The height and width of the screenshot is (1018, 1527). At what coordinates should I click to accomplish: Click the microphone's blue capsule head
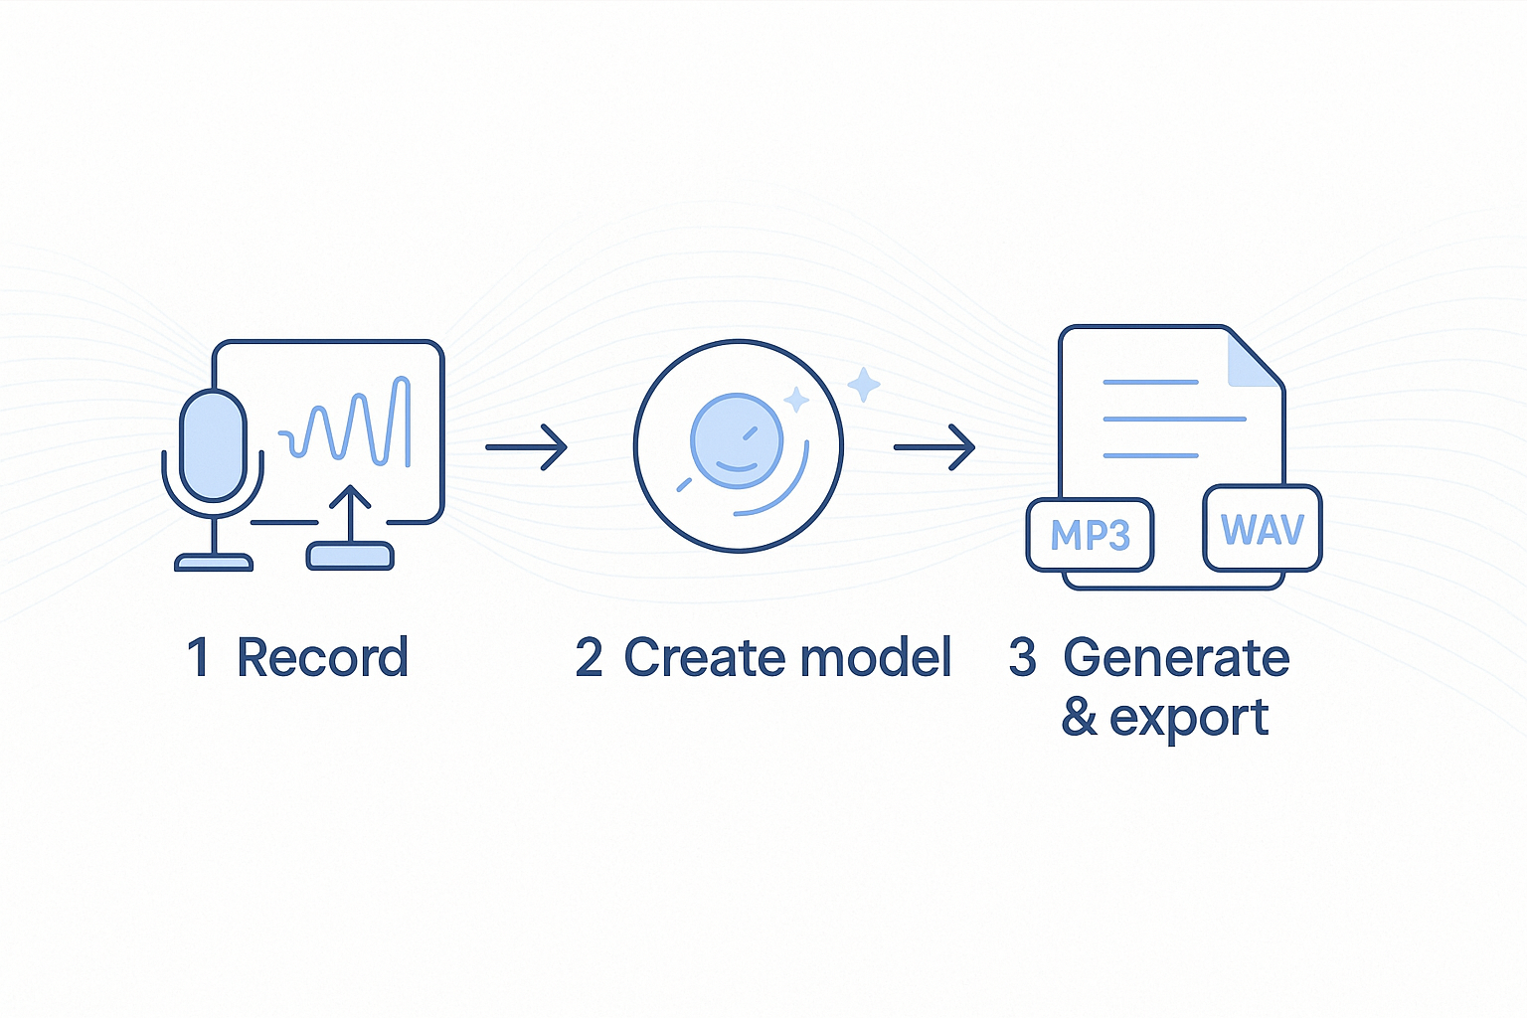[213, 444]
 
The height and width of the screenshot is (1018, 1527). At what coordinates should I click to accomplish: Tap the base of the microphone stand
[214, 563]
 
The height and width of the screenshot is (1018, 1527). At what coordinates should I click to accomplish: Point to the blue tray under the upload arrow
[350, 556]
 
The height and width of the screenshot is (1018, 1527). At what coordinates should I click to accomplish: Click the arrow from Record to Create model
[526, 447]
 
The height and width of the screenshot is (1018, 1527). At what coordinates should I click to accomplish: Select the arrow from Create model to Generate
[934, 447]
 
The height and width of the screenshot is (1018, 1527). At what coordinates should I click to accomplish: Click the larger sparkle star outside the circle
[863, 385]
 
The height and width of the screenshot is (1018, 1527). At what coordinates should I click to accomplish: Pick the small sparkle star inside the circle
[796, 400]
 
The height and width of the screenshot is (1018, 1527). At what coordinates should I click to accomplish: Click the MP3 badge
[1090, 535]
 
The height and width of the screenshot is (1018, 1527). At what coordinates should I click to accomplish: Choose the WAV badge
[1262, 529]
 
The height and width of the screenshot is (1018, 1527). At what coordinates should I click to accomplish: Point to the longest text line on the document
[1174, 419]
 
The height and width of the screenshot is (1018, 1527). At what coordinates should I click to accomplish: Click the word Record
[322, 658]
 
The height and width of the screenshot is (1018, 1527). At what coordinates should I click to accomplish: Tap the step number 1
[198, 658]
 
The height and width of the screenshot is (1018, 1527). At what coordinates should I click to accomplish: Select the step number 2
[589, 658]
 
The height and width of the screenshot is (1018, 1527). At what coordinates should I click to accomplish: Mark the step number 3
[1022, 658]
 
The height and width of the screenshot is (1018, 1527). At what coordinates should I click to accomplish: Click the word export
[1188, 718]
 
